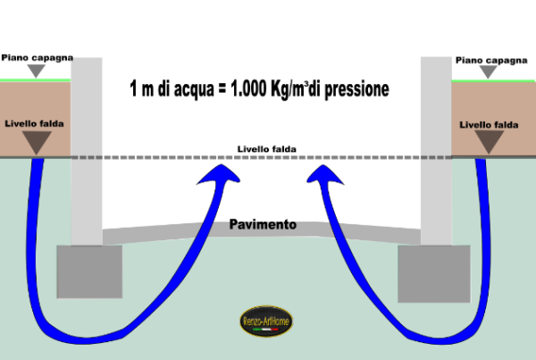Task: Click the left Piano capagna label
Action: (38, 58)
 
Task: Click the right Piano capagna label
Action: (491, 61)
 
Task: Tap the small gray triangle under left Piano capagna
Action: (37, 71)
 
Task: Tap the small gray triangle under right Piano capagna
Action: (488, 71)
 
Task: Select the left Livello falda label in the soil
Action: (34, 124)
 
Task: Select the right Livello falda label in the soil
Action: (489, 125)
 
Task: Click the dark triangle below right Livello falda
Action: (490, 142)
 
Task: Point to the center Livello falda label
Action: (266, 149)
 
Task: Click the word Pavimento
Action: (263, 224)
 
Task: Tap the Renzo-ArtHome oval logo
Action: (266, 321)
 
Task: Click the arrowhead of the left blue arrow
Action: (220, 173)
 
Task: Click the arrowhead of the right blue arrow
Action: (324, 174)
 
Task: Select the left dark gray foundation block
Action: (89, 272)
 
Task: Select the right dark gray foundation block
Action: (434, 274)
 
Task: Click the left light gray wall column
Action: (87, 152)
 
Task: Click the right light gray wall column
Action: (436, 151)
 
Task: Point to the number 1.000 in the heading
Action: (248, 89)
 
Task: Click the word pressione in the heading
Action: (356, 90)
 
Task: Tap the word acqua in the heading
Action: (194, 90)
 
